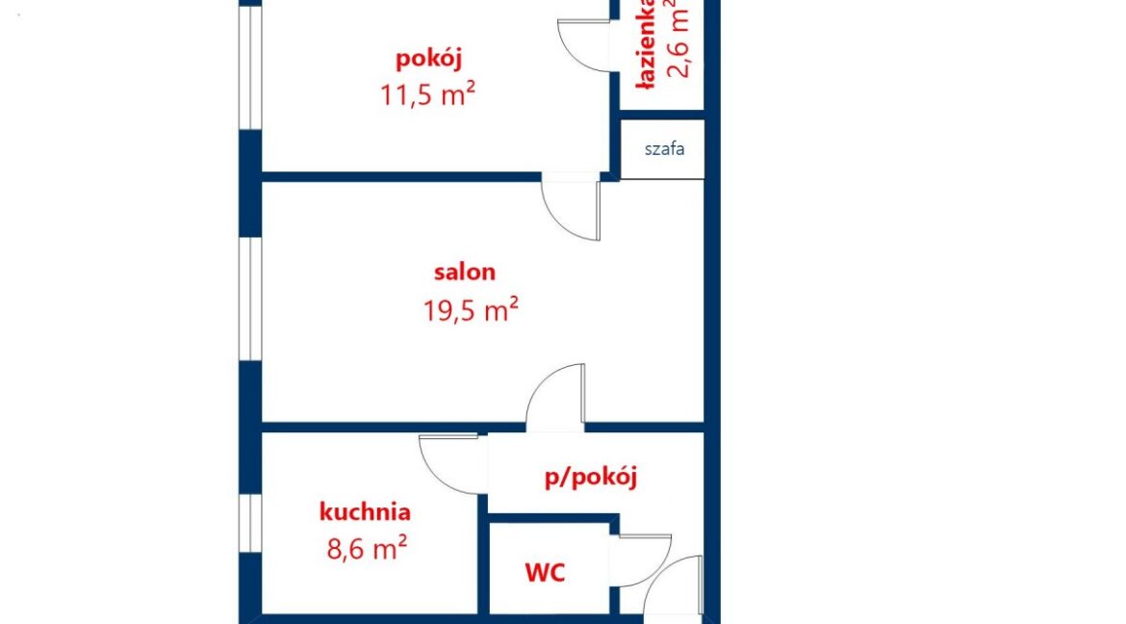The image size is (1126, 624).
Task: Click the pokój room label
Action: pos(428,59)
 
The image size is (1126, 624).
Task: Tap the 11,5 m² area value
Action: pos(427,94)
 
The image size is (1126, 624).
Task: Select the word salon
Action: pos(465,272)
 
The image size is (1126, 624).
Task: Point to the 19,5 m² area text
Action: pos(471,311)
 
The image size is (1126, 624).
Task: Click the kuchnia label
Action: pos(365,512)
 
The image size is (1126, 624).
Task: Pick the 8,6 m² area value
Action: pos(367,548)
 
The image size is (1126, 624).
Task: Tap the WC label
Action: pos(545,573)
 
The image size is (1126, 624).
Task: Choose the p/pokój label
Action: pos(591,477)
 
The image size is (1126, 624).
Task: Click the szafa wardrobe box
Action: pos(662,149)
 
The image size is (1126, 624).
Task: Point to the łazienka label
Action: pos(647,44)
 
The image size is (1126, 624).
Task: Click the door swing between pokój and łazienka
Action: pos(583,46)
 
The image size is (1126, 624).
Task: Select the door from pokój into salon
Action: pos(570,211)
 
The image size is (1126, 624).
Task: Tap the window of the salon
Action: pos(250,298)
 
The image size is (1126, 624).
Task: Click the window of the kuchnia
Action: pos(250,523)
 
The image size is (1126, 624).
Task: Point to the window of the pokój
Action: pos(250,67)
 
